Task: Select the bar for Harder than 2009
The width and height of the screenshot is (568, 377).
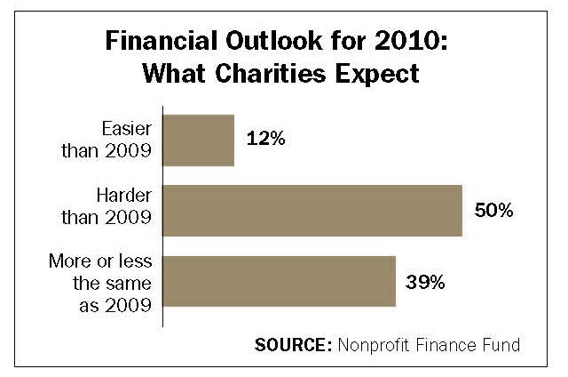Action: click(312, 211)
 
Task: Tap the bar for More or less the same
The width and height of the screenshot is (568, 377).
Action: click(278, 282)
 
